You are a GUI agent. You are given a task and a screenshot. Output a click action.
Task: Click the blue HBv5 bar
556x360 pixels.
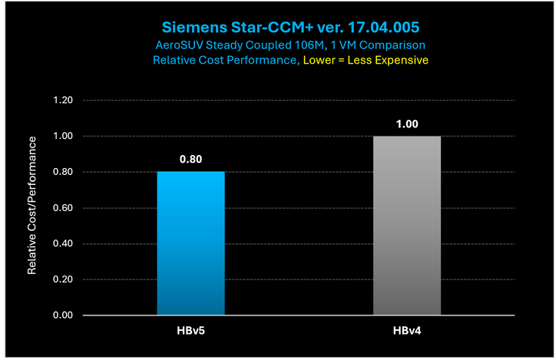tap(191, 243)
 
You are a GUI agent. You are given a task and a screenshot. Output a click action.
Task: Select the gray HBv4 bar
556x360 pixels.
tap(407, 226)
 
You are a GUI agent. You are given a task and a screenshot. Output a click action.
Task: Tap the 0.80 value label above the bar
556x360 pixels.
tap(191, 159)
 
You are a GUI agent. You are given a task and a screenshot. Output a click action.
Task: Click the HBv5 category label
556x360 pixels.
tap(191, 331)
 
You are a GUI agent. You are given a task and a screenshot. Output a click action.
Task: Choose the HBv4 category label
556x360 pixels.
tap(407, 331)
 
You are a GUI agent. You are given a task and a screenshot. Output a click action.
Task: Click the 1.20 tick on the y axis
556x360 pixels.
tap(61, 101)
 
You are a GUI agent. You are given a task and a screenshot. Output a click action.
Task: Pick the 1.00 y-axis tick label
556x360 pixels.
tap(61, 137)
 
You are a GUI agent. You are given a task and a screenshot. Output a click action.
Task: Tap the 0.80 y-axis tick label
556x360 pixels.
tap(61, 172)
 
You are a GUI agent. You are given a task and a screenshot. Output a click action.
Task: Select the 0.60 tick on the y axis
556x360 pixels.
tap(61, 208)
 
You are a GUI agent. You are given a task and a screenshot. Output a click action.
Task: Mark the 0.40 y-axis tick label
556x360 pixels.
tap(61, 244)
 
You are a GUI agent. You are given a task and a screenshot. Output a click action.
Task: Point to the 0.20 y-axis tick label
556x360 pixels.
tap(61, 279)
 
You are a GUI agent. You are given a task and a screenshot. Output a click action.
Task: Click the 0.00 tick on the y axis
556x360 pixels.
tap(61, 315)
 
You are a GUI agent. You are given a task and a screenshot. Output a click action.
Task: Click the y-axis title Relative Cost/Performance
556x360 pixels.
tap(33, 206)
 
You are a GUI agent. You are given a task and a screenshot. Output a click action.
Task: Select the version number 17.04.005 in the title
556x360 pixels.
tap(379, 28)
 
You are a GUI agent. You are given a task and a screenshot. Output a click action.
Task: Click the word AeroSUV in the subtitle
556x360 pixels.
tap(181, 45)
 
